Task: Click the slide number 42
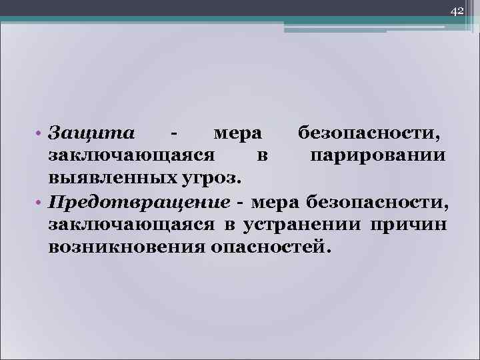tap(457, 11)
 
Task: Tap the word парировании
tap(377, 156)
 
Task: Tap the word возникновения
tap(126, 247)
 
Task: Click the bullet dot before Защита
tap(41, 133)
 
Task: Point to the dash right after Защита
tap(173, 133)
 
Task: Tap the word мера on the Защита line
tap(237, 133)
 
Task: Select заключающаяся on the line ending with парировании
tap(131, 156)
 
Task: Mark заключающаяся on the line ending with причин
tap(131, 225)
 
